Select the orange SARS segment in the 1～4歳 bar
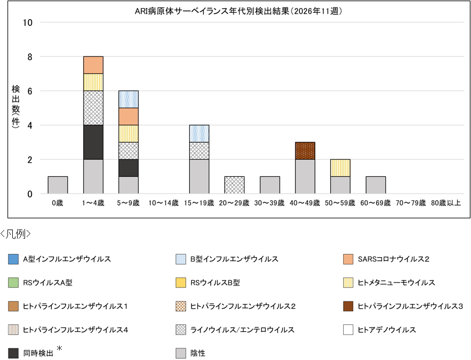click(93, 65)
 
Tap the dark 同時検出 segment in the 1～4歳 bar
click(93, 142)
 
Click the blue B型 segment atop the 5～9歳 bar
click(128, 99)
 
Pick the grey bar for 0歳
click(58, 185)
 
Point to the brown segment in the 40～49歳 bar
click(305, 151)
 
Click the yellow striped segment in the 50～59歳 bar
click(340, 168)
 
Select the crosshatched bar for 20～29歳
click(234, 185)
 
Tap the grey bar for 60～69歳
click(376, 185)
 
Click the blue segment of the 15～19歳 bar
click(199, 134)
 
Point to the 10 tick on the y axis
click(28, 22)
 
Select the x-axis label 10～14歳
click(164, 203)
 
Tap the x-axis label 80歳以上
click(446, 203)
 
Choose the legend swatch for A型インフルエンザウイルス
click(13, 259)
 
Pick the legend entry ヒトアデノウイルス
click(386, 330)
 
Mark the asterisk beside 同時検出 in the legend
click(60, 348)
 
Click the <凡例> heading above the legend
click(16, 234)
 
